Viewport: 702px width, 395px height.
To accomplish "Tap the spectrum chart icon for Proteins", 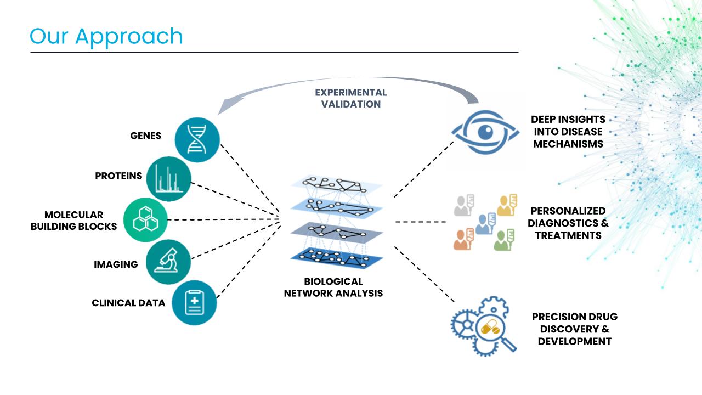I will coord(168,178).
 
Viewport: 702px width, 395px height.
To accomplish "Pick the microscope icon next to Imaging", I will coord(168,261).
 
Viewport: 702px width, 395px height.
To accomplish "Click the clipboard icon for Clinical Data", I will coord(194,302).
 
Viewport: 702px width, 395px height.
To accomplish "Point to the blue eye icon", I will coord(484,132).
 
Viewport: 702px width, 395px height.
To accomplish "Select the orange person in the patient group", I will coord(463,239).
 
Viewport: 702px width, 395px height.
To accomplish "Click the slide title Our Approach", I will coord(106,36).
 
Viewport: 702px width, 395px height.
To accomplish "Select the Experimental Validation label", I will coord(351,98).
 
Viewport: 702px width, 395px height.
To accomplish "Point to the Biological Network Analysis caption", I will coord(333,287).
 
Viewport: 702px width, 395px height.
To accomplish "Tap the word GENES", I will coord(146,136).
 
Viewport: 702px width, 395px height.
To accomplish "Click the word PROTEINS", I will coord(118,176).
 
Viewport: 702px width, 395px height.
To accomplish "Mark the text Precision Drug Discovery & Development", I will coord(574,329).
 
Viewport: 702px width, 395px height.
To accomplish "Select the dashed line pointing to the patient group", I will coord(420,222).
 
